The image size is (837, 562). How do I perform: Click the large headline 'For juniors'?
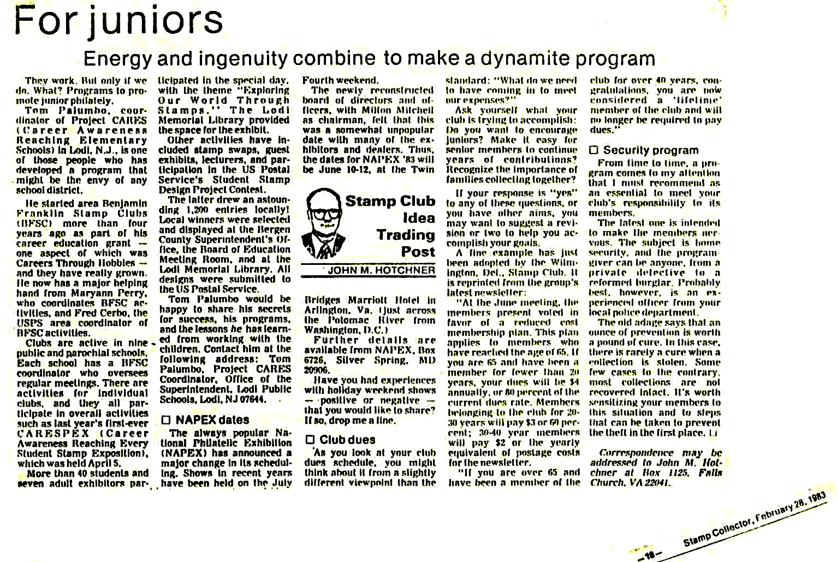[118, 21]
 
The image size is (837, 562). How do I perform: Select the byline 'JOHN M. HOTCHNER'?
[381, 270]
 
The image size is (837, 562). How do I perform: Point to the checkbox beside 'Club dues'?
[310, 440]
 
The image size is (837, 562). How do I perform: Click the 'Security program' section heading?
[651, 150]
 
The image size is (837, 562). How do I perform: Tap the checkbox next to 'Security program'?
[594, 150]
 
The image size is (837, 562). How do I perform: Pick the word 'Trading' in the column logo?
[405, 235]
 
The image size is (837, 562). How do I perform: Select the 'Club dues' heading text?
[347, 440]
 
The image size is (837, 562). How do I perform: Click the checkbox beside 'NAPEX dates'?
[167, 420]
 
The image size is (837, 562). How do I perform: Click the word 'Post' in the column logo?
[418, 252]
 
